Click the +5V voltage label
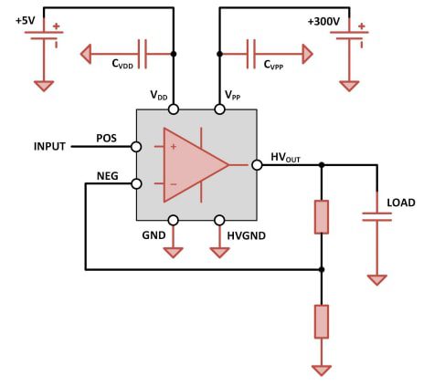coord(26,20)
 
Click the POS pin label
coord(108,138)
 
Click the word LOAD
coord(401,202)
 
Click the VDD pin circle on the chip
coord(174,109)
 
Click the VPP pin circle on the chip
coord(219,109)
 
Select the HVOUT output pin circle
coord(257,164)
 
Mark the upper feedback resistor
coord(321,217)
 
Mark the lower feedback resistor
coord(321,322)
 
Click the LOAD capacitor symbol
coord(376,216)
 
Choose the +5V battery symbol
coord(43,40)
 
